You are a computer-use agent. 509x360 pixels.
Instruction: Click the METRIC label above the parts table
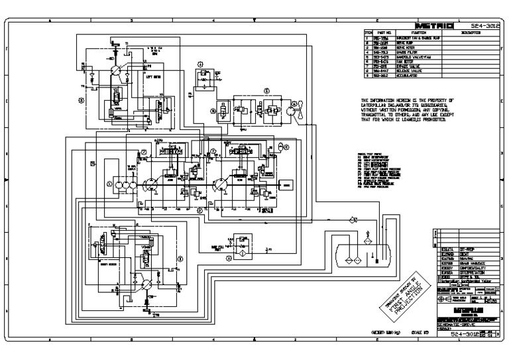[433, 27]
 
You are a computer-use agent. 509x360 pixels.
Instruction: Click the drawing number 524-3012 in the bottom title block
[464, 335]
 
